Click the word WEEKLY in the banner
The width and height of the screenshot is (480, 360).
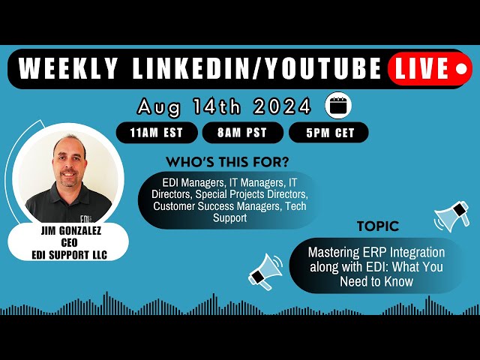[67, 68]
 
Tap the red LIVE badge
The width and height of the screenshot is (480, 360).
[430, 68]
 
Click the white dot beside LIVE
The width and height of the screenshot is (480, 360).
[461, 69]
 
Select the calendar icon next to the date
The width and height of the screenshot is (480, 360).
[338, 105]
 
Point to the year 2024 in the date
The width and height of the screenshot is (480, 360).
[282, 106]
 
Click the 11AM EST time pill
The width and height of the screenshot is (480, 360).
[157, 133]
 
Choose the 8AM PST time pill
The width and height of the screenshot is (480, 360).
[242, 133]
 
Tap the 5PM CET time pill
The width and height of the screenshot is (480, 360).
[328, 133]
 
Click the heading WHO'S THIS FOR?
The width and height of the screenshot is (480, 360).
[227, 162]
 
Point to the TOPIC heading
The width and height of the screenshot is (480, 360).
[378, 226]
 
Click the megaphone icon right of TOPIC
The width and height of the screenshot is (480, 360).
[451, 216]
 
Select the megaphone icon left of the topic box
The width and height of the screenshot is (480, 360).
[265, 271]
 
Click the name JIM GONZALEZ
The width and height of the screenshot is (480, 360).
[70, 230]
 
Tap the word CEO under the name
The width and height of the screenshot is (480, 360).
[69, 242]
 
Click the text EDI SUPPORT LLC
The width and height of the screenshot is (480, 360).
[70, 255]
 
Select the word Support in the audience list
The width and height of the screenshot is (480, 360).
[230, 218]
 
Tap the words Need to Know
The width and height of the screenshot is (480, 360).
[376, 281]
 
